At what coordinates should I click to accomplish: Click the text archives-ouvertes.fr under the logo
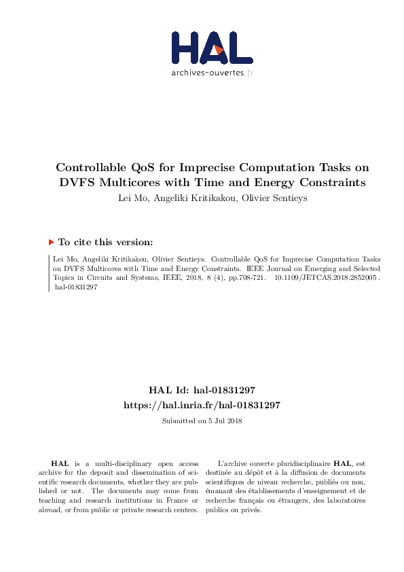[x=212, y=72]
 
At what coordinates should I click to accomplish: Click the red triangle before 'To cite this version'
[x=51, y=242]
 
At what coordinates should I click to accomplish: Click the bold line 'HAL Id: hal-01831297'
[x=202, y=391]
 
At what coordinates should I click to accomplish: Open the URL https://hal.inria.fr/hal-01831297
[x=202, y=405]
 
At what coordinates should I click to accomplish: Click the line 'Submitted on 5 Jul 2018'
[x=202, y=421]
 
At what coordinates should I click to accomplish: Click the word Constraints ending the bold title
[x=323, y=182]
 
